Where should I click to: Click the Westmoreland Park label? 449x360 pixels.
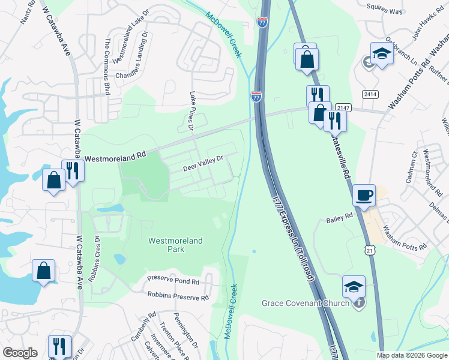point(175,245)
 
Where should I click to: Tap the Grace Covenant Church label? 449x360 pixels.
point(306,303)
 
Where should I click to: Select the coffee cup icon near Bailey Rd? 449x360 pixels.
point(364,196)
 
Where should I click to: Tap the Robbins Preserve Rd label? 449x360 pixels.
point(178,296)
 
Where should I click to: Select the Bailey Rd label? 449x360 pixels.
point(339,220)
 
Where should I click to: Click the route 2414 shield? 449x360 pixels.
point(370,94)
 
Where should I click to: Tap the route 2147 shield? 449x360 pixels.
point(343,107)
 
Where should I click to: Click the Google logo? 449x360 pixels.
point(20,352)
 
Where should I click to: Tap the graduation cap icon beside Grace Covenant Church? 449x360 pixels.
point(354,286)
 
